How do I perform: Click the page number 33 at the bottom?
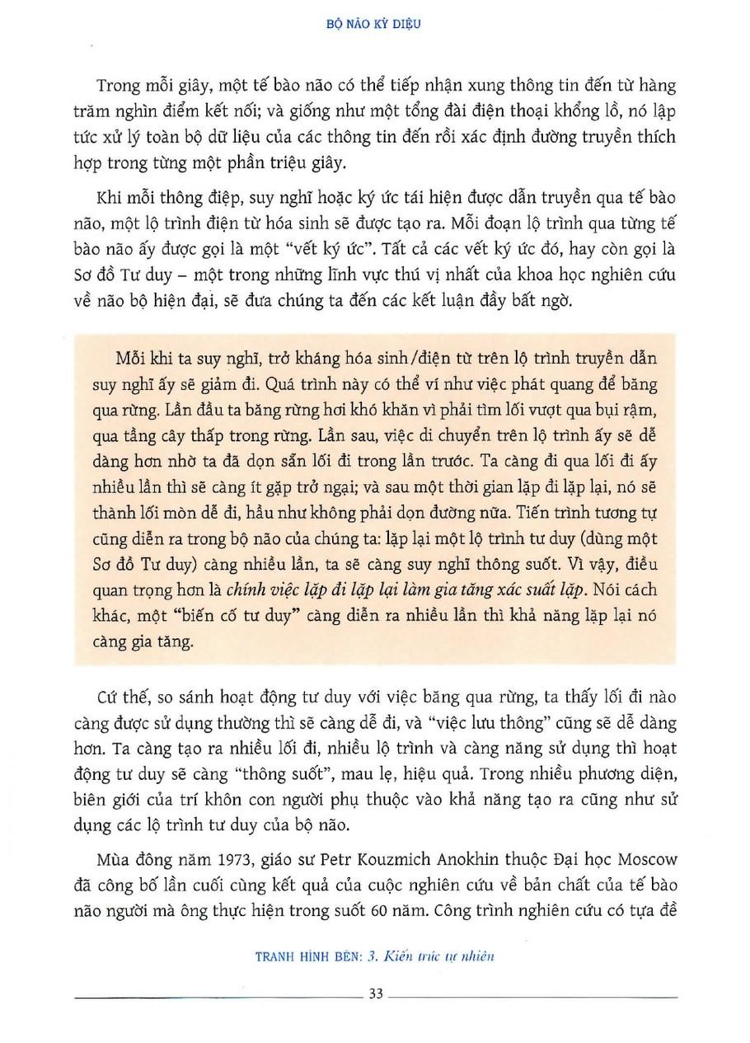(375, 994)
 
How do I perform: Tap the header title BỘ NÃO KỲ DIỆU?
(375, 26)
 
